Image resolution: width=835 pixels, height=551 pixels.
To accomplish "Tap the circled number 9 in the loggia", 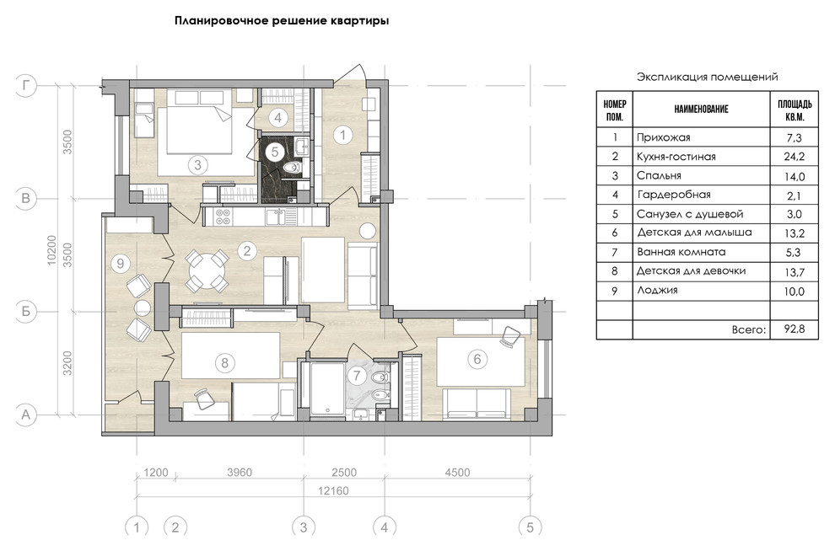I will point(121,264).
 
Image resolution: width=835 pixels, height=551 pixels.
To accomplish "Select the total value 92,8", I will point(795,329).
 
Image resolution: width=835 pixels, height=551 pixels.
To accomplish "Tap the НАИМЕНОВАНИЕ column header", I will point(700,109).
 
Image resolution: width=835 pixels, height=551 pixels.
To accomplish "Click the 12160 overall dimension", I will point(334,492).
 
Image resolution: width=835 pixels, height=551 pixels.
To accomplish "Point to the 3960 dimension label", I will point(240,473).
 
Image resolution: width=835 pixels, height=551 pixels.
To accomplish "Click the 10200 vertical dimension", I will point(52,250).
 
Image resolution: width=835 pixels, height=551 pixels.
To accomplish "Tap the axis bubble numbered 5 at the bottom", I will point(530,527).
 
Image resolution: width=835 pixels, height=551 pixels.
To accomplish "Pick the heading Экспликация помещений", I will point(707,76).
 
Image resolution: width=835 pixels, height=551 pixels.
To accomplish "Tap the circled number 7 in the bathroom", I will point(357,375).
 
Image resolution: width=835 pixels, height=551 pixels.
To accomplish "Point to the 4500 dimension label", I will point(456,473).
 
